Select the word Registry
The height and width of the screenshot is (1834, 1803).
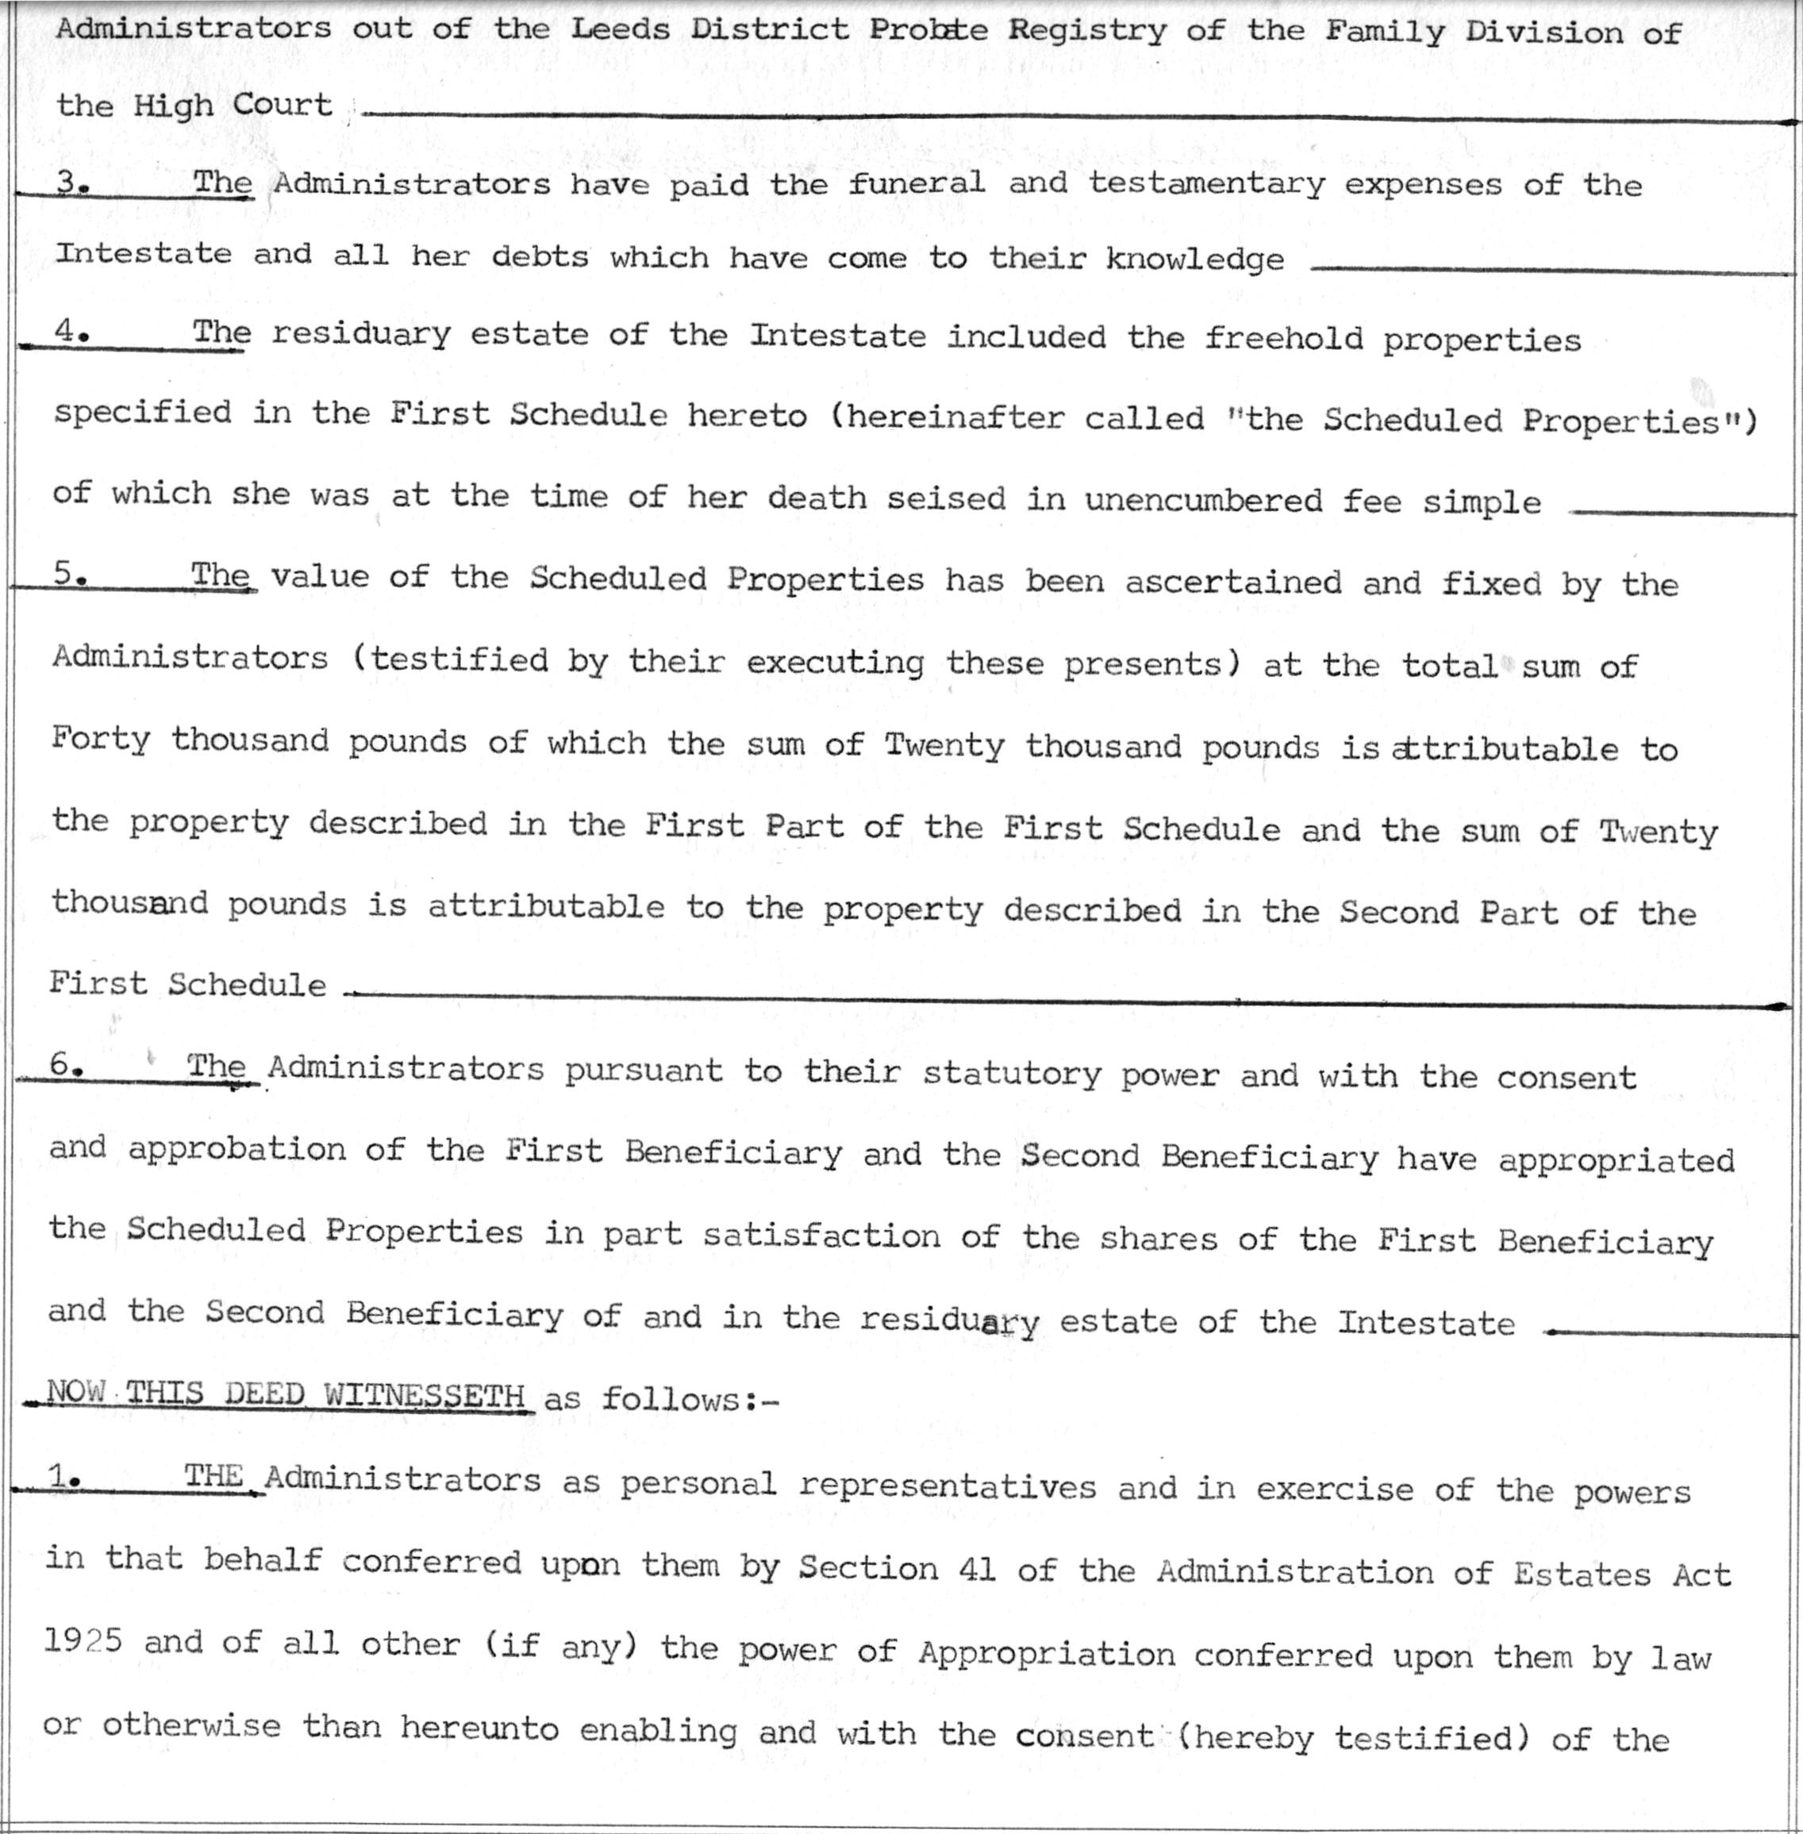pos(1086,31)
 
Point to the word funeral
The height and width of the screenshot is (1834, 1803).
pos(916,182)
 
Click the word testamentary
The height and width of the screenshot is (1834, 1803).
pos(1205,183)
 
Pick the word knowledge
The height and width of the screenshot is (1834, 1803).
pos(1194,260)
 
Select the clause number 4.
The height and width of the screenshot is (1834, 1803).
pos(70,332)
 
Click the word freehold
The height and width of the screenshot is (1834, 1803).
pos(1283,338)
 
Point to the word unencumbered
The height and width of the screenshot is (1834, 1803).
pos(1202,499)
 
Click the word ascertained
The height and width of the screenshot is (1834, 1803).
pos(1233,582)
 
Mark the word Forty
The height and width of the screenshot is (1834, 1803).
pos(100,740)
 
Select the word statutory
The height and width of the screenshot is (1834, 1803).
pos(1011,1074)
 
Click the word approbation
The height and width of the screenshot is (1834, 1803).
pos(236,1149)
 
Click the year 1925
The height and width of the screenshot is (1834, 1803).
pos(83,1641)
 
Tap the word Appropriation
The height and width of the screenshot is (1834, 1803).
pos(1045,1653)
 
